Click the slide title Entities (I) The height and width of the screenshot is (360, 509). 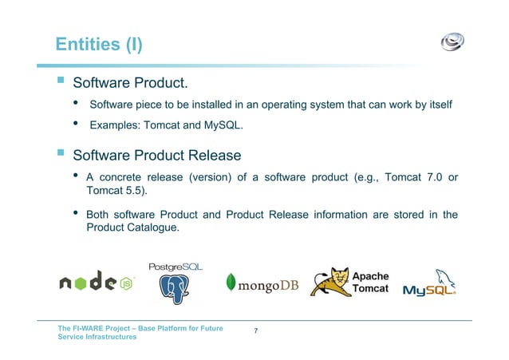click(x=99, y=44)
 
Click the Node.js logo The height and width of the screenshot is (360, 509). click(x=96, y=281)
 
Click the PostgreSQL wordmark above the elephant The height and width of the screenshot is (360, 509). click(x=176, y=265)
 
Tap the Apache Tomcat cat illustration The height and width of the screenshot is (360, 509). click(x=329, y=281)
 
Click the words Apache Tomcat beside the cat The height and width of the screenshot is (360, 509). click(x=371, y=282)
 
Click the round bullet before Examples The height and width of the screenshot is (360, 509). click(x=76, y=125)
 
